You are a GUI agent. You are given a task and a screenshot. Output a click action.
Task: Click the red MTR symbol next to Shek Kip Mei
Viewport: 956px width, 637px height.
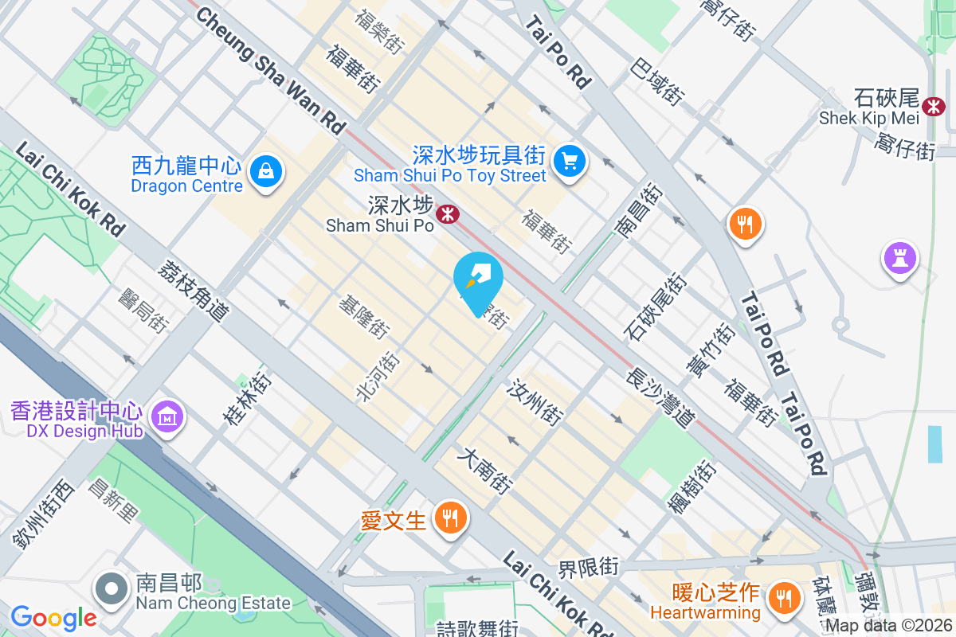932,104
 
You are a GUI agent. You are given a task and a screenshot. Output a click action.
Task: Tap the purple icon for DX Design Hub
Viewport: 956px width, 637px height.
168,416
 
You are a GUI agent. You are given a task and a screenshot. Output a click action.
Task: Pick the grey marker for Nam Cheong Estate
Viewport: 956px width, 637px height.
112,589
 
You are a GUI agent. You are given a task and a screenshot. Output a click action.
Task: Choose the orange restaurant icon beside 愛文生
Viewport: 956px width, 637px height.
451,519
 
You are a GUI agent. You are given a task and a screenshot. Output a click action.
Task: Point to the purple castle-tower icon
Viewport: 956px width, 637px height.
900,259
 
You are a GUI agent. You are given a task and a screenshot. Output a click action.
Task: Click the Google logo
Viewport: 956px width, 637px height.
53,617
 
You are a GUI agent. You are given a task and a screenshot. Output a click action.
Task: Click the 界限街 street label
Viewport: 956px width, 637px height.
588,568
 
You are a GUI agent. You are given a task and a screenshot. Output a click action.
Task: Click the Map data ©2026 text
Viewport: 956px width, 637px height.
888,625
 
